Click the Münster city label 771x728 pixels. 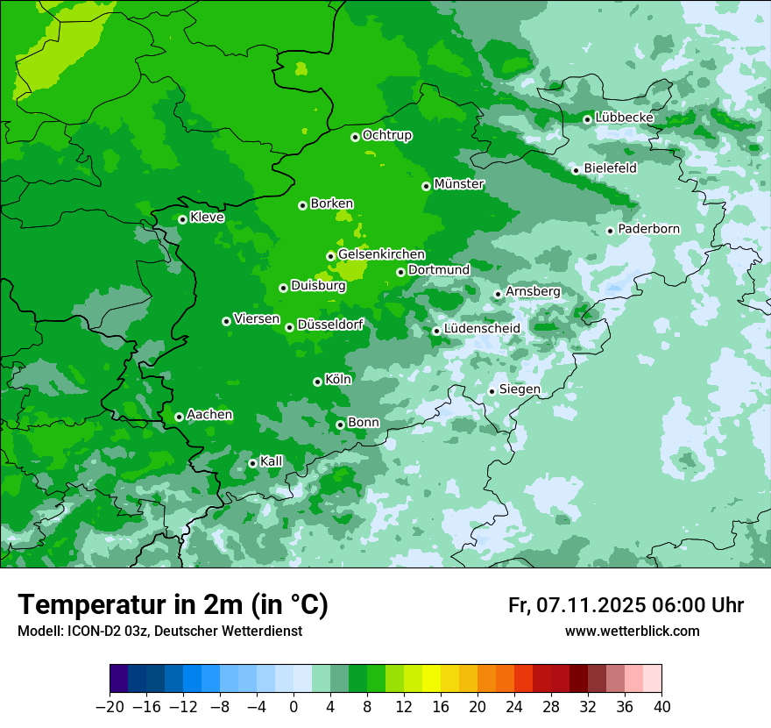coord(459,184)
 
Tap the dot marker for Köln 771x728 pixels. coord(317,382)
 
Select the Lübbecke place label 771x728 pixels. coord(624,118)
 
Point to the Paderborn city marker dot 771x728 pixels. coord(610,231)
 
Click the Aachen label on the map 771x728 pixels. coord(209,415)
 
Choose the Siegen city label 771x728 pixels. coord(520,389)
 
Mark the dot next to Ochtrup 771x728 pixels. coord(355,137)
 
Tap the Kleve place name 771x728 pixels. coord(207,218)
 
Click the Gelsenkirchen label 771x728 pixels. coord(381,254)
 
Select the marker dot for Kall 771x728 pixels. coord(252,463)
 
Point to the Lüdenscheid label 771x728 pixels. coord(482,329)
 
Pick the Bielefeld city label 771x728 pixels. coord(610,168)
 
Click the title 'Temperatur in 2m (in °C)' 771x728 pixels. coord(173,605)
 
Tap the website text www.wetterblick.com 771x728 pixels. coord(632,632)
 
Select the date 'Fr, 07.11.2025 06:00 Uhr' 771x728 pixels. coord(626,605)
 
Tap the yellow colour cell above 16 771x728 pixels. coord(431,679)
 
